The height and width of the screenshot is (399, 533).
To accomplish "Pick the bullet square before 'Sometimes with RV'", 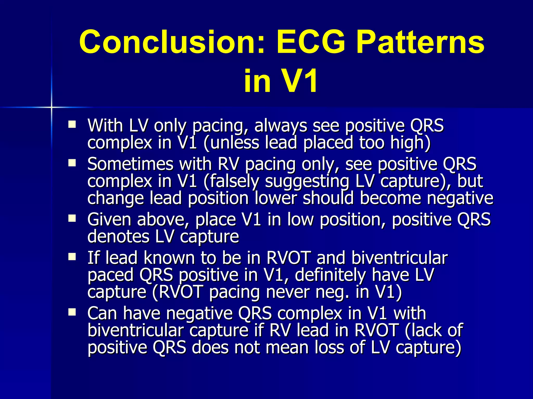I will [x=72, y=163].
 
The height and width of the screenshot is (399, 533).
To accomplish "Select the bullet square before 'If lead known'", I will [x=72, y=257].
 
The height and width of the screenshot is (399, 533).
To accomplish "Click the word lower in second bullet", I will [x=276, y=198].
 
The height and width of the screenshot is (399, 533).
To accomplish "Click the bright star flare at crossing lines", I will [x=52, y=107].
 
